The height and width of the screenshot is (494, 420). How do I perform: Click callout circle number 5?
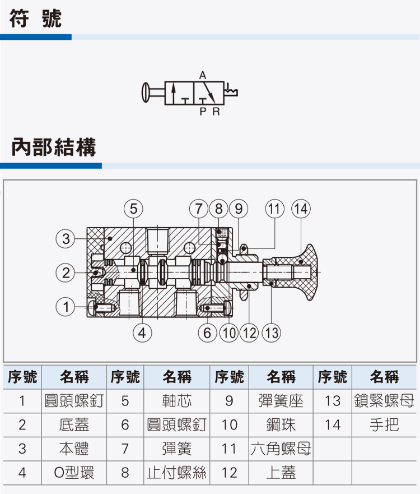click(133, 209)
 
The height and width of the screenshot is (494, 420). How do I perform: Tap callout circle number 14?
click(301, 209)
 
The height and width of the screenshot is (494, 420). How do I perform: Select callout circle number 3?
click(66, 238)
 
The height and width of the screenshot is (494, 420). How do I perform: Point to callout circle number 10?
click(229, 333)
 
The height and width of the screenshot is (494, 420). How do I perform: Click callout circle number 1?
click(66, 307)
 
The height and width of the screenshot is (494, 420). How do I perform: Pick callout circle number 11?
click(274, 209)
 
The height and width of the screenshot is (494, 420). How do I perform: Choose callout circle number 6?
click(207, 333)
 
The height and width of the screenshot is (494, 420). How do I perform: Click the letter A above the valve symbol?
click(203, 75)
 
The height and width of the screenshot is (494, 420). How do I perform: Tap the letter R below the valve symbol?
click(216, 112)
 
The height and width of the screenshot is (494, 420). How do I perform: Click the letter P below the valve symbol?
click(203, 112)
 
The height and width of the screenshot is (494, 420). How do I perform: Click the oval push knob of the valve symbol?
click(145, 93)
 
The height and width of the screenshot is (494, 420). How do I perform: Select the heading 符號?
click(35, 19)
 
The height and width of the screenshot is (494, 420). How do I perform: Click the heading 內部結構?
click(54, 147)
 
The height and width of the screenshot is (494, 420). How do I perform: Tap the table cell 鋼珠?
click(281, 424)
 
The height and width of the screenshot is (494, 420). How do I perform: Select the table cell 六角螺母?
click(281, 449)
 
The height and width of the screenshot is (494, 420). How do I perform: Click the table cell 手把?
click(384, 424)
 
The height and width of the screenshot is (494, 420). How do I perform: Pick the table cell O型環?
click(74, 473)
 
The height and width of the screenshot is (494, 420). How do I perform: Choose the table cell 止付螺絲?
click(177, 473)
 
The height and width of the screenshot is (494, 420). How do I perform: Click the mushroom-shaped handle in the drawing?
click(296, 272)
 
